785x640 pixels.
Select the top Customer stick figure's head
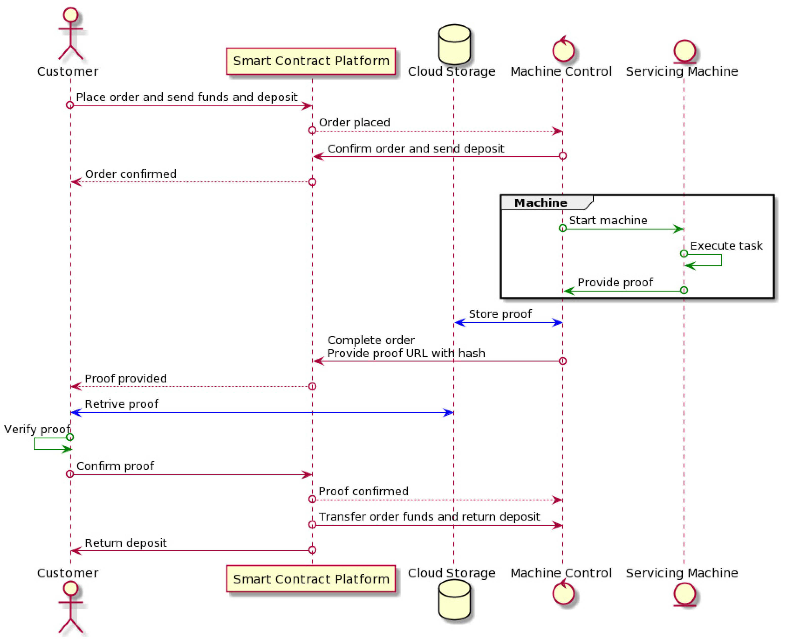tap(70, 15)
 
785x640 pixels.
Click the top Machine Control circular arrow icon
tap(563, 50)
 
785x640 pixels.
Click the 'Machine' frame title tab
tap(541, 203)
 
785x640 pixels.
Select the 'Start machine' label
tap(608, 220)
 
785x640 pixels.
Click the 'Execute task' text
tap(726, 246)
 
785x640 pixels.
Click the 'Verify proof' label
tap(37, 429)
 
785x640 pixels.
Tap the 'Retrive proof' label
tap(121, 404)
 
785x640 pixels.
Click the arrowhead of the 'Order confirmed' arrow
tap(76, 182)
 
